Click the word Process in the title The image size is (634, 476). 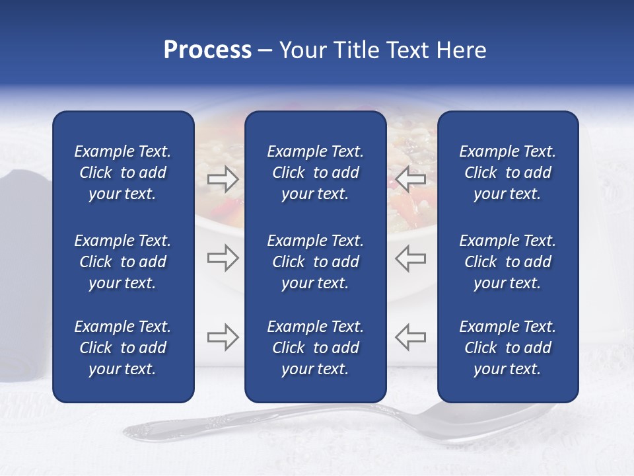point(207,50)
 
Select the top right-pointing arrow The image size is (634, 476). point(223,179)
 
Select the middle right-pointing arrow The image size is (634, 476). point(223,258)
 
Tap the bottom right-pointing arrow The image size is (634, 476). point(223,337)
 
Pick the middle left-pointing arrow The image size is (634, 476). point(411,258)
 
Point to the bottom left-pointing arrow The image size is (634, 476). point(411,337)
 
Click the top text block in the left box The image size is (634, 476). point(123,173)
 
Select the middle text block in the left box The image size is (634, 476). point(123,262)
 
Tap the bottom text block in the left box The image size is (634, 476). point(123,348)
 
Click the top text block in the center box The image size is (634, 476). point(316,173)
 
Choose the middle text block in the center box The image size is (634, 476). point(316,262)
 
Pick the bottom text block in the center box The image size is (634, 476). point(316,348)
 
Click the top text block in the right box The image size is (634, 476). point(508,173)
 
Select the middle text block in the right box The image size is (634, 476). point(508,262)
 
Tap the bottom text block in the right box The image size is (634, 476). point(508,348)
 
